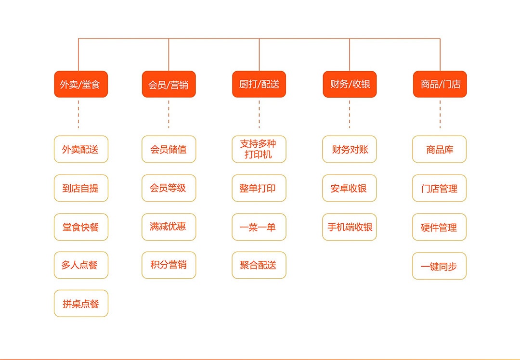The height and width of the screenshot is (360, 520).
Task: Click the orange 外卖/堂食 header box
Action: pyautogui.click(x=81, y=84)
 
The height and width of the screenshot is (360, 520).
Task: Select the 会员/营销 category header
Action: pyautogui.click(x=169, y=84)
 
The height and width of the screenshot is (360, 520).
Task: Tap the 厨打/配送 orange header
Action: pyautogui.click(x=259, y=84)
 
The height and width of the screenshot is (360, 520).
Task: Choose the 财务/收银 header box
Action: pyautogui.click(x=350, y=84)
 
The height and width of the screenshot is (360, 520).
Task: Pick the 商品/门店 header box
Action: pyautogui.click(x=440, y=84)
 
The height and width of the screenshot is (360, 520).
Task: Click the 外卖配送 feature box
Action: pyautogui.click(x=81, y=149)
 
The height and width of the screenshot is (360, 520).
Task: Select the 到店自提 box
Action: pyautogui.click(x=81, y=188)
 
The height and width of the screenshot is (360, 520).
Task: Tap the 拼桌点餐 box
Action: pyautogui.click(x=81, y=303)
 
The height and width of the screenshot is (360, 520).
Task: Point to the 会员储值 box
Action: pyautogui.click(x=169, y=149)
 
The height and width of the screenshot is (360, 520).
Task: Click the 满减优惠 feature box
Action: pyautogui.click(x=169, y=227)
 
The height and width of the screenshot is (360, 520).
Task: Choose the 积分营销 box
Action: pyautogui.click(x=169, y=265)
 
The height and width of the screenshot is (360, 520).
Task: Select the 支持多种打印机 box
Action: pyautogui.click(x=259, y=149)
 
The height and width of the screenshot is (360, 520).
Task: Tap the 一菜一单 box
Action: pyautogui.click(x=259, y=227)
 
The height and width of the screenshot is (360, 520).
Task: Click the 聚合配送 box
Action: pyautogui.click(x=259, y=265)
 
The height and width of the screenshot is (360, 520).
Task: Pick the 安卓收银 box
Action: pyautogui.click(x=350, y=188)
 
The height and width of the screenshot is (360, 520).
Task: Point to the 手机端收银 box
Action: pyautogui.click(x=350, y=227)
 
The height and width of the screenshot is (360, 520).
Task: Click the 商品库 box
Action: pyautogui.click(x=440, y=149)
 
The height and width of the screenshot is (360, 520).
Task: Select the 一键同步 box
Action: pyautogui.click(x=440, y=266)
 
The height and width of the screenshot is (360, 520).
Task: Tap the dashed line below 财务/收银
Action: pyautogui.click(x=350, y=115)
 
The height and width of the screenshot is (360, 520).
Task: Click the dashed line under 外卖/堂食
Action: pyautogui.click(x=78, y=115)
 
